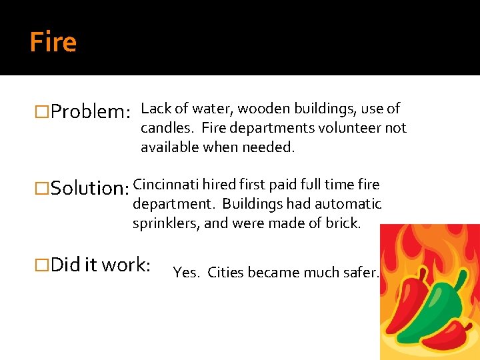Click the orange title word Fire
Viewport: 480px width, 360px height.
[53, 43]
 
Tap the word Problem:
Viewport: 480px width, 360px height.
[90, 111]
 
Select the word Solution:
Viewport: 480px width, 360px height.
[90, 188]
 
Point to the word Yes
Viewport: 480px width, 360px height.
[186, 272]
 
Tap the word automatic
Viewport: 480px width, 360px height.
[348, 204]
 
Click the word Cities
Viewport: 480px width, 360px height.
[228, 272]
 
